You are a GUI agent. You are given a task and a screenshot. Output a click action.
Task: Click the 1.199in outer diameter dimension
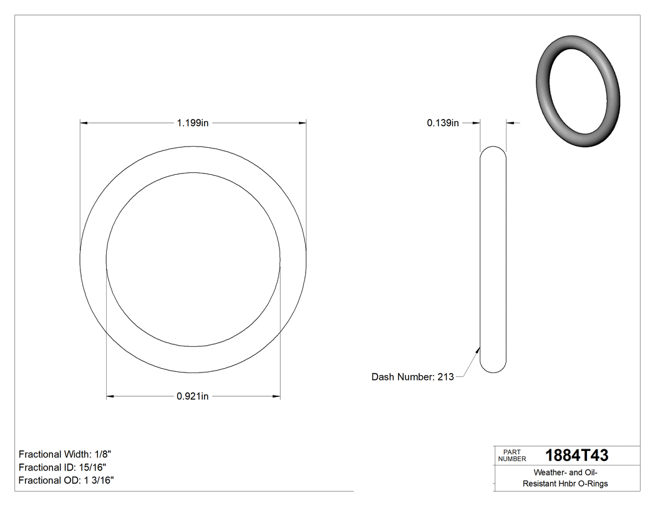click(x=192, y=124)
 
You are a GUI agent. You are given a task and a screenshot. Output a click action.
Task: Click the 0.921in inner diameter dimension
click(x=192, y=396)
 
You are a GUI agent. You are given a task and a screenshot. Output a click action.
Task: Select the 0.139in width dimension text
click(x=442, y=124)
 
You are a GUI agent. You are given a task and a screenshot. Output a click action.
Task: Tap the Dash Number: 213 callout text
click(x=412, y=377)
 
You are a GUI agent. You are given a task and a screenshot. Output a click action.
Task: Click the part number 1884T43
click(x=576, y=455)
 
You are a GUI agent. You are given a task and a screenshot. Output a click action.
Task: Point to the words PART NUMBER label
click(x=512, y=455)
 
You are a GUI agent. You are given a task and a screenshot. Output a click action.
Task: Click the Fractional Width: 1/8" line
click(x=65, y=454)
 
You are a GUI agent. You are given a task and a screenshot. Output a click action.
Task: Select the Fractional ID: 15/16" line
click(x=62, y=467)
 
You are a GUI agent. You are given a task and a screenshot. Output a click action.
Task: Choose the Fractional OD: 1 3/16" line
click(x=66, y=480)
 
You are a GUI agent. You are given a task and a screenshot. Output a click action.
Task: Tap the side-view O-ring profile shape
click(x=493, y=260)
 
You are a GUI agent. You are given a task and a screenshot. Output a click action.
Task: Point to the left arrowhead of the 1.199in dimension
click(x=84, y=124)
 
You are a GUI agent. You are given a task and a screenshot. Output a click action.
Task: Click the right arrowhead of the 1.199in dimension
click(x=303, y=124)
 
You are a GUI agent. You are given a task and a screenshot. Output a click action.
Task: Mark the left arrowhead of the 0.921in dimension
click(x=110, y=396)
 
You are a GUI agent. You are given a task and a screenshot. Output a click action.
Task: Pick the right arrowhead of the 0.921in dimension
click(x=276, y=396)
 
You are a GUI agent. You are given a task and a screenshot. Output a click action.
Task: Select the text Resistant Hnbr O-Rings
click(x=565, y=484)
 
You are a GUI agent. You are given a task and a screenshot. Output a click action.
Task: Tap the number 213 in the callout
click(x=445, y=377)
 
